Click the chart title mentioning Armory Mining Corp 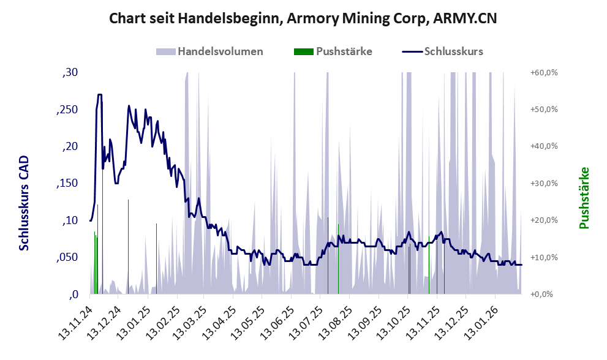[303, 18]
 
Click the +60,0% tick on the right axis [543, 73]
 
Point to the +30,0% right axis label [543, 184]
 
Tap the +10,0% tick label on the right [543, 258]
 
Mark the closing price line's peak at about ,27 [99, 95]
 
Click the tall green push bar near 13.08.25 [338, 257]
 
